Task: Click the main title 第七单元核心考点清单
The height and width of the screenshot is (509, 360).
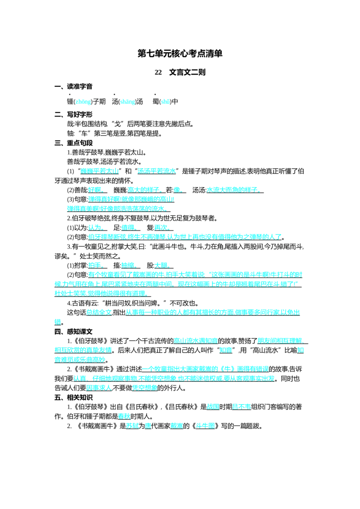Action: pyautogui.click(x=180, y=54)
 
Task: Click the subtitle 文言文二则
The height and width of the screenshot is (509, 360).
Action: pyautogui.click(x=187, y=72)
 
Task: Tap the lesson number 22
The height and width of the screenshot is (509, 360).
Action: pyautogui.click(x=158, y=72)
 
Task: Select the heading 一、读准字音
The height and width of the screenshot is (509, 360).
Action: pyautogui.click(x=73, y=86)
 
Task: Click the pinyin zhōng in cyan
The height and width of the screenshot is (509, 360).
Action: pyautogui.click(x=83, y=102)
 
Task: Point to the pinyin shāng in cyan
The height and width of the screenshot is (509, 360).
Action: pyautogui.click(x=127, y=102)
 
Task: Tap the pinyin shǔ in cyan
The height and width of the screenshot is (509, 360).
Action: pyautogui.click(x=165, y=102)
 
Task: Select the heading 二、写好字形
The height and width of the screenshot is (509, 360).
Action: pyautogui.click(x=73, y=114)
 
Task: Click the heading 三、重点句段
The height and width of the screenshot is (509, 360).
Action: pyautogui.click(x=73, y=143)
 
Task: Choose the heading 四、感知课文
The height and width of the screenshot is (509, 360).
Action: pyautogui.click(x=73, y=331)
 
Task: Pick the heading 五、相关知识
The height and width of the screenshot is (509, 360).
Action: pyautogui.click(x=73, y=397)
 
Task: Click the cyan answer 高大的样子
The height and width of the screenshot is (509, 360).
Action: pyautogui.click(x=144, y=190)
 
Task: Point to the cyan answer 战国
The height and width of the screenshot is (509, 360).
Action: pyautogui.click(x=213, y=407)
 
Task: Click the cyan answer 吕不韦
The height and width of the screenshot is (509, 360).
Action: pyautogui.click(x=241, y=407)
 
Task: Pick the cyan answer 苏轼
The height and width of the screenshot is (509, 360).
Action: pyautogui.click(x=132, y=426)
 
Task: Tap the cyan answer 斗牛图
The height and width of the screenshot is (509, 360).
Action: pyautogui.click(x=205, y=426)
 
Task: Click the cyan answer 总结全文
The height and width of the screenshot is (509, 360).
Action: pyautogui.click(x=99, y=313)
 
